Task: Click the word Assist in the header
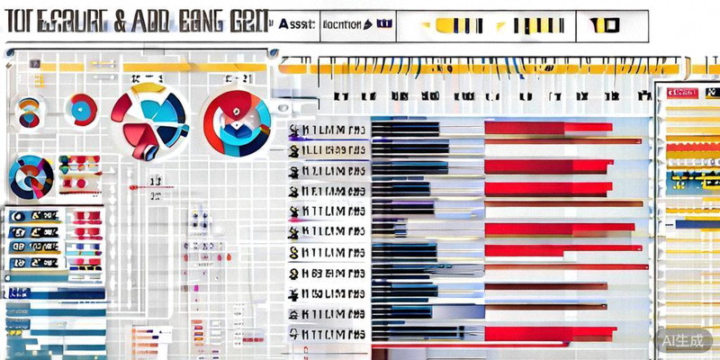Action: coord(295,24)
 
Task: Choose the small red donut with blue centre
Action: coord(81,110)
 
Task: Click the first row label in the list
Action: coord(328,129)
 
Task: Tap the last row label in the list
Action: coord(328,334)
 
